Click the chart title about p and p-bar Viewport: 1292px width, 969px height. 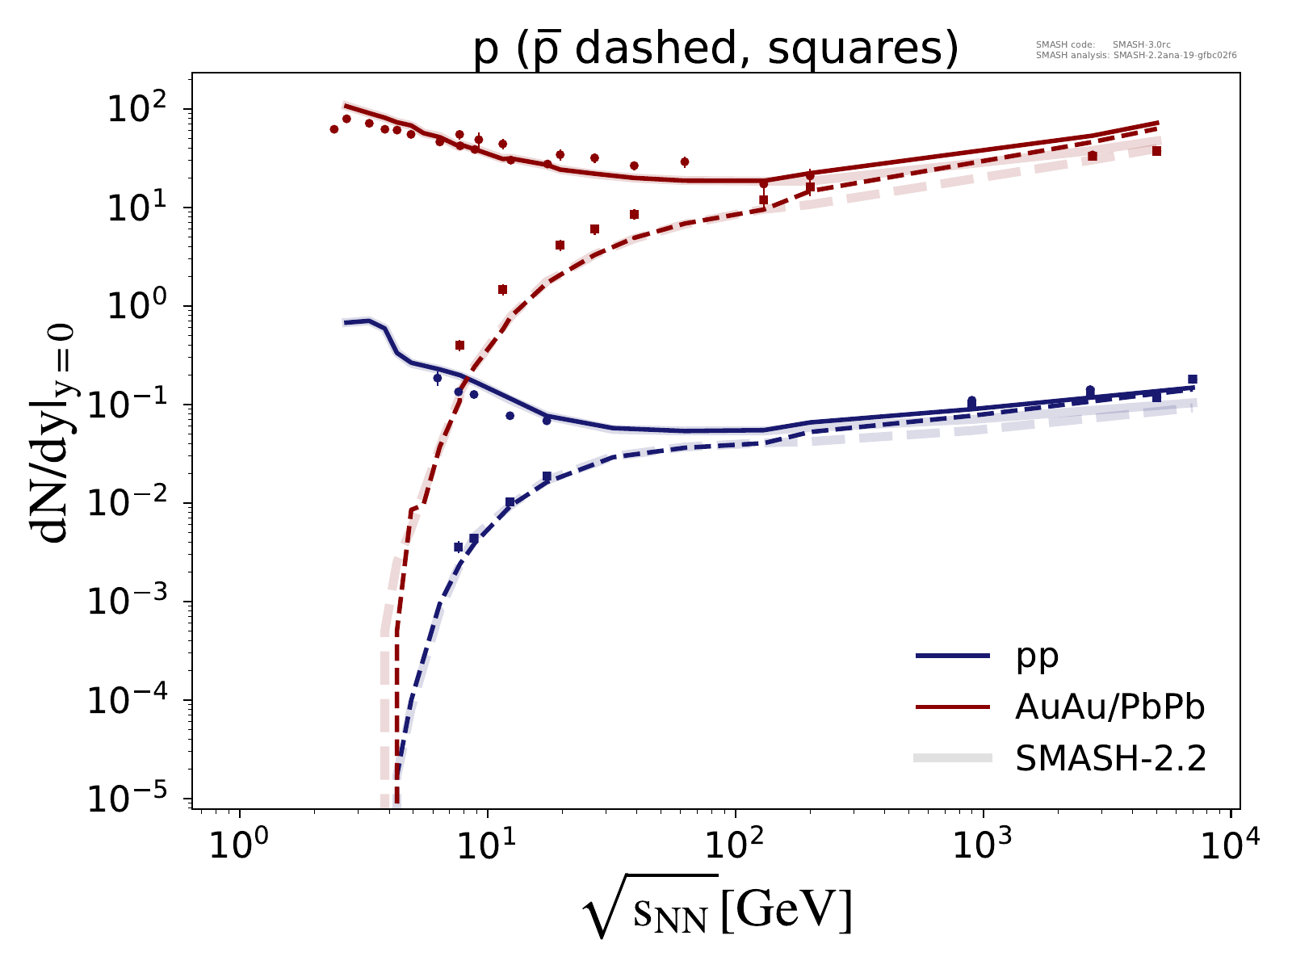coord(715,50)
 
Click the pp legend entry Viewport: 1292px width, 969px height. coord(1037,656)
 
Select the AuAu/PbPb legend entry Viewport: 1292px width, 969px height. coord(1109,707)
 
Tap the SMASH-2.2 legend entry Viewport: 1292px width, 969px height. coord(1110,758)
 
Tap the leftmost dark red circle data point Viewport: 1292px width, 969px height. coord(334,129)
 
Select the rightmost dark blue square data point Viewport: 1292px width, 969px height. coord(1193,380)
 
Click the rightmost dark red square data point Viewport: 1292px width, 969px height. coord(1157,151)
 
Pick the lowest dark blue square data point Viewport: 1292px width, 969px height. coord(459,547)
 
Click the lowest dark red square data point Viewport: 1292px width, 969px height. coord(460,346)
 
